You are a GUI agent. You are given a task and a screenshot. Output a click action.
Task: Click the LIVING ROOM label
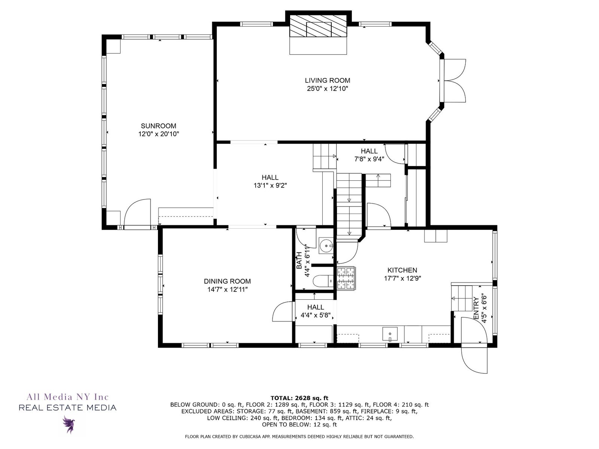coord(328,80)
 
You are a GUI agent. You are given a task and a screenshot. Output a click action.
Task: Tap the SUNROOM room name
coord(159,126)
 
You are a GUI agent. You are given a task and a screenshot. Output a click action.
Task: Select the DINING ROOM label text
coord(227,281)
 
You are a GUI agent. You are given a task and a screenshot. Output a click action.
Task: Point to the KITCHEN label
coord(402,270)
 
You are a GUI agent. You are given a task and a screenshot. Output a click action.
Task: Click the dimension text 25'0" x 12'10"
coord(328,89)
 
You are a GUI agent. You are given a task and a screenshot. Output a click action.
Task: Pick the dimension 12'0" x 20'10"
coord(159,134)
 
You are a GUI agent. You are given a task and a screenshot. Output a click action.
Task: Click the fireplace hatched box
coord(318,26)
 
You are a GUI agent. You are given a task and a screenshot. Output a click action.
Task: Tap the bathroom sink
coord(326,245)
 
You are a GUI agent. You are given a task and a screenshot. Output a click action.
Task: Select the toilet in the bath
coord(323,281)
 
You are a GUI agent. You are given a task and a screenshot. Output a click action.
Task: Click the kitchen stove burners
coord(346,278)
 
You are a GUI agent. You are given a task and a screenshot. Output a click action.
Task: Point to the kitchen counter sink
coord(390,334)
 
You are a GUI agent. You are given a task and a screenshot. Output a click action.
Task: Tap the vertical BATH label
coord(299,261)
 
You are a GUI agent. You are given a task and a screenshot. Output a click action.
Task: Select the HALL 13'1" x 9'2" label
coord(270,181)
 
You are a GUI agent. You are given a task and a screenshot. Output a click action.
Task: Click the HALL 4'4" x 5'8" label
coord(316,311)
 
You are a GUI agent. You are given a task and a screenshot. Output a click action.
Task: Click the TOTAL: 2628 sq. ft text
coord(299,398)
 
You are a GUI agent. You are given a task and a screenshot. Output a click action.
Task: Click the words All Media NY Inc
coord(68,397)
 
